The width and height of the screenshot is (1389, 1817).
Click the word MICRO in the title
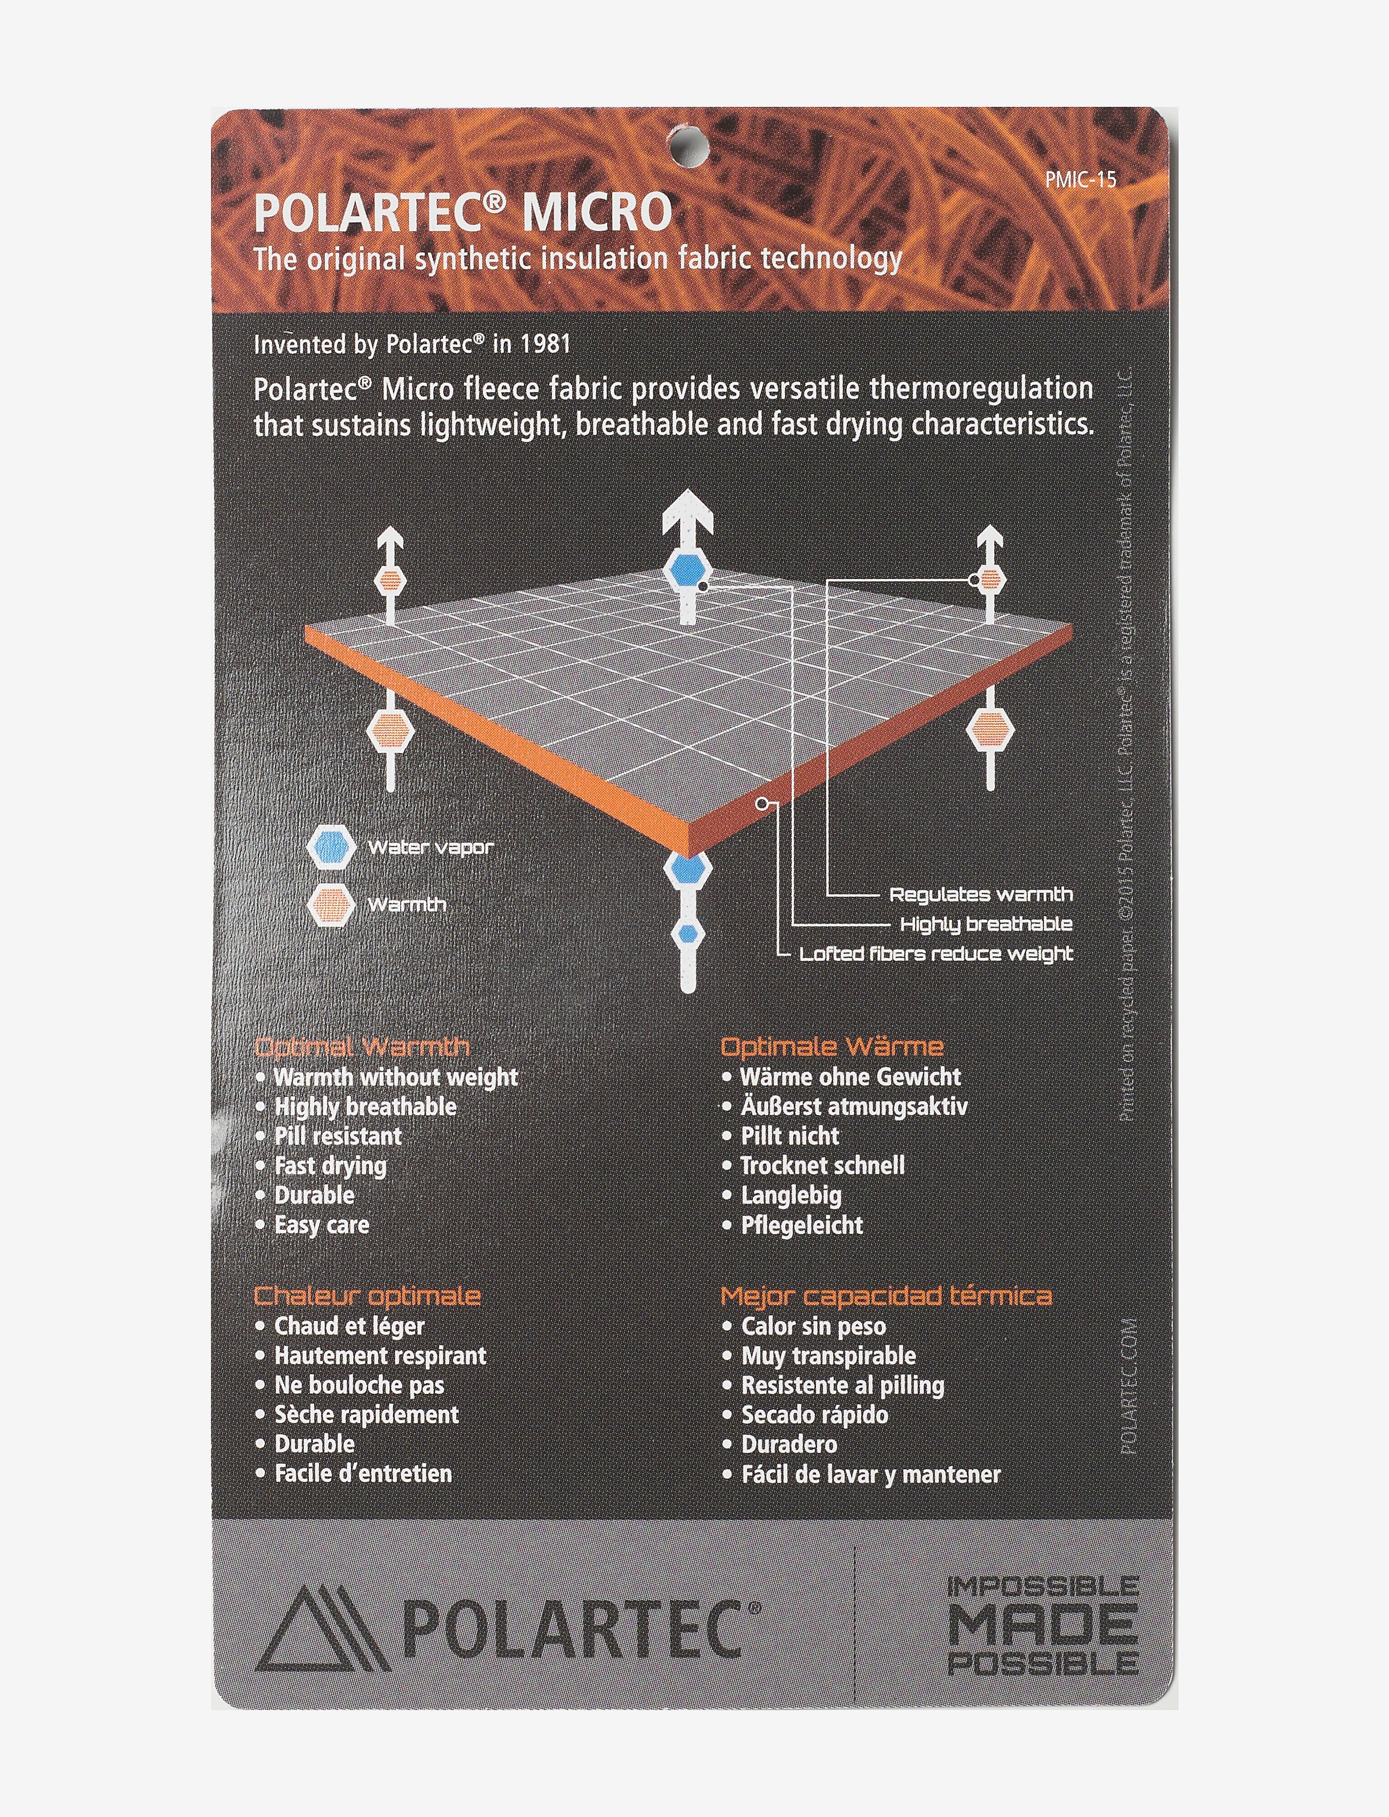click(x=597, y=213)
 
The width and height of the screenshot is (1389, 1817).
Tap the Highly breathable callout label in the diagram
click(x=986, y=925)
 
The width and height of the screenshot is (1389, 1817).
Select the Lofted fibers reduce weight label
click(x=936, y=953)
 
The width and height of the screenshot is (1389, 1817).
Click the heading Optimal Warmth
click(x=362, y=1047)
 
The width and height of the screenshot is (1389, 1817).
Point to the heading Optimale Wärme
click(x=832, y=1046)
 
